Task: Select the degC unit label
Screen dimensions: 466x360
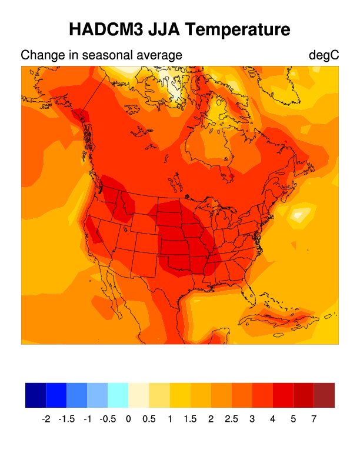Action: coord(324,55)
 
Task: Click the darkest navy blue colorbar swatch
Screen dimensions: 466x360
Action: coord(35,395)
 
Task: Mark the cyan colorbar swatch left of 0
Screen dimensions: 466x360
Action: coord(118,395)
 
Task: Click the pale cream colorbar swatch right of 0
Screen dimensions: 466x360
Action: coord(139,395)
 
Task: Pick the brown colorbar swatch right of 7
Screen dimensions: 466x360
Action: coord(324,395)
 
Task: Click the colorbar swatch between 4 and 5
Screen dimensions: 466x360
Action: coord(283,395)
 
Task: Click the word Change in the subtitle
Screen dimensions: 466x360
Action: coord(39,55)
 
